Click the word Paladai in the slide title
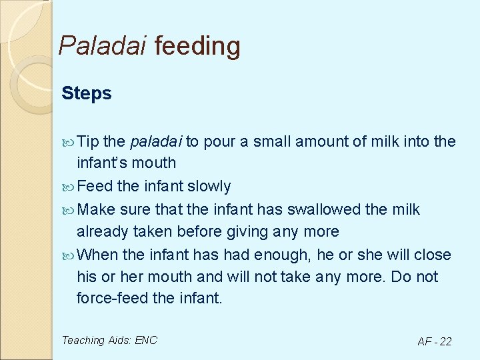[103, 46]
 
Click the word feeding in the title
[197, 46]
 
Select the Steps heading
[87, 93]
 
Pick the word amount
[317, 141]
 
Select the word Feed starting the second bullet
[94, 186]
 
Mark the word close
[433, 255]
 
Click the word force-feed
[112, 298]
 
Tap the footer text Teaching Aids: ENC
[109, 340]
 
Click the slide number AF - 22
[434, 341]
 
